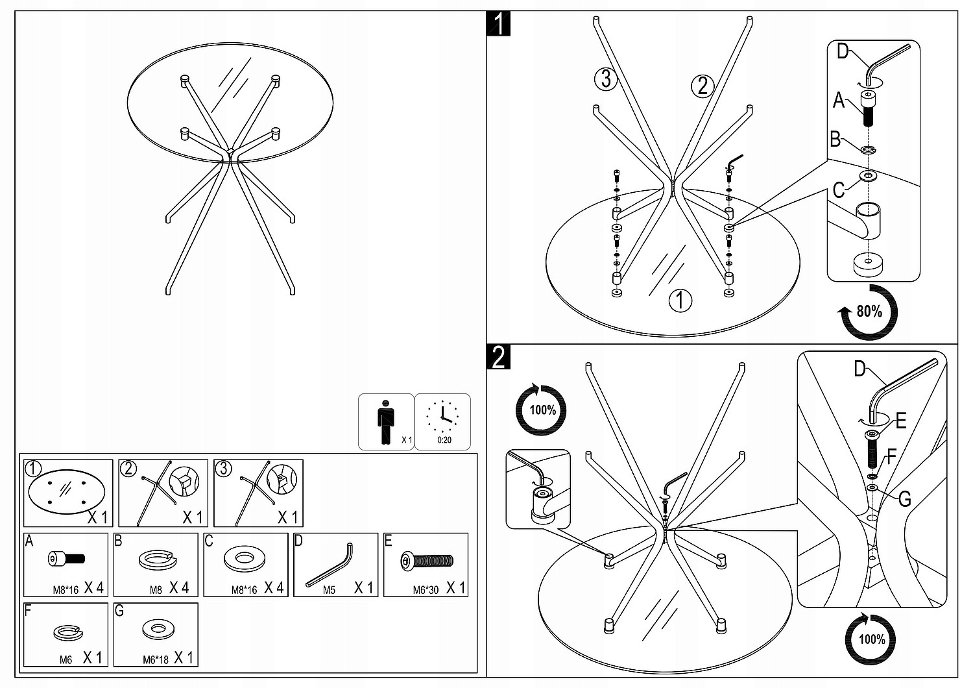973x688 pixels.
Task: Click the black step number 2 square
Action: (x=498, y=357)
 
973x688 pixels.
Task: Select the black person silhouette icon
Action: (x=386, y=422)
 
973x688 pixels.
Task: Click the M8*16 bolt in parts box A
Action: (x=66, y=558)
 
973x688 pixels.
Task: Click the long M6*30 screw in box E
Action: (x=427, y=561)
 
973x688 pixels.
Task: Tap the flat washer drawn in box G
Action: (x=157, y=629)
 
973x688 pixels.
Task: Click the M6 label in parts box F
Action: (x=66, y=659)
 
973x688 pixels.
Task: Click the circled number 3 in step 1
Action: (x=605, y=79)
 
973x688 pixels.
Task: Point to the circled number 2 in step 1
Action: (x=702, y=85)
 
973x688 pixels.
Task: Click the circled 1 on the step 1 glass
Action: (x=680, y=300)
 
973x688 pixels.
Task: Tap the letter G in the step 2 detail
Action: (x=904, y=499)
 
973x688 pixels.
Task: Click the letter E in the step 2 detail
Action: (x=900, y=422)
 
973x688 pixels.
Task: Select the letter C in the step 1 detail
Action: (x=839, y=190)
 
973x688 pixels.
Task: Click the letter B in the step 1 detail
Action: (x=835, y=140)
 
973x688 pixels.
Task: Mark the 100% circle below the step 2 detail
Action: (x=871, y=639)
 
